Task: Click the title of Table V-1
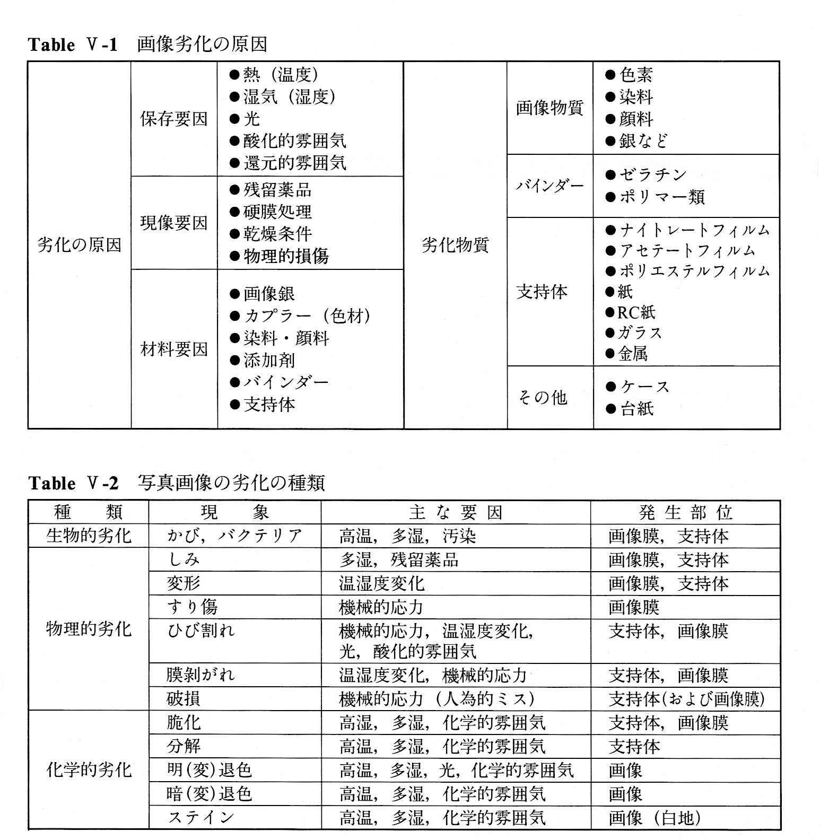point(147,45)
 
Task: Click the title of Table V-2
point(176,483)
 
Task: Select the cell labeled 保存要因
point(174,119)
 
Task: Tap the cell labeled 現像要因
point(174,223)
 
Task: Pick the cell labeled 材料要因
point(174,349)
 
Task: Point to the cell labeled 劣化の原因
point(80,245)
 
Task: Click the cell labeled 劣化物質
point(455,245)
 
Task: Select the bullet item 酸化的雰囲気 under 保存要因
point(294,141)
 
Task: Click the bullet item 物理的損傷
point(285,257)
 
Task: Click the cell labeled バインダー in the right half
point(549,186)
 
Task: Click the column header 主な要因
point(456,512)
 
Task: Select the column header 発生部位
point(685,512)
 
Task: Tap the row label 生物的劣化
point(89,536)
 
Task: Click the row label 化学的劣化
point(89,770)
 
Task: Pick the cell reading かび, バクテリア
point(234,536)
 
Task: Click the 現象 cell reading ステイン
point(201,817)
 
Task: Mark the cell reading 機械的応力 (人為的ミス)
point(436,699)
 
